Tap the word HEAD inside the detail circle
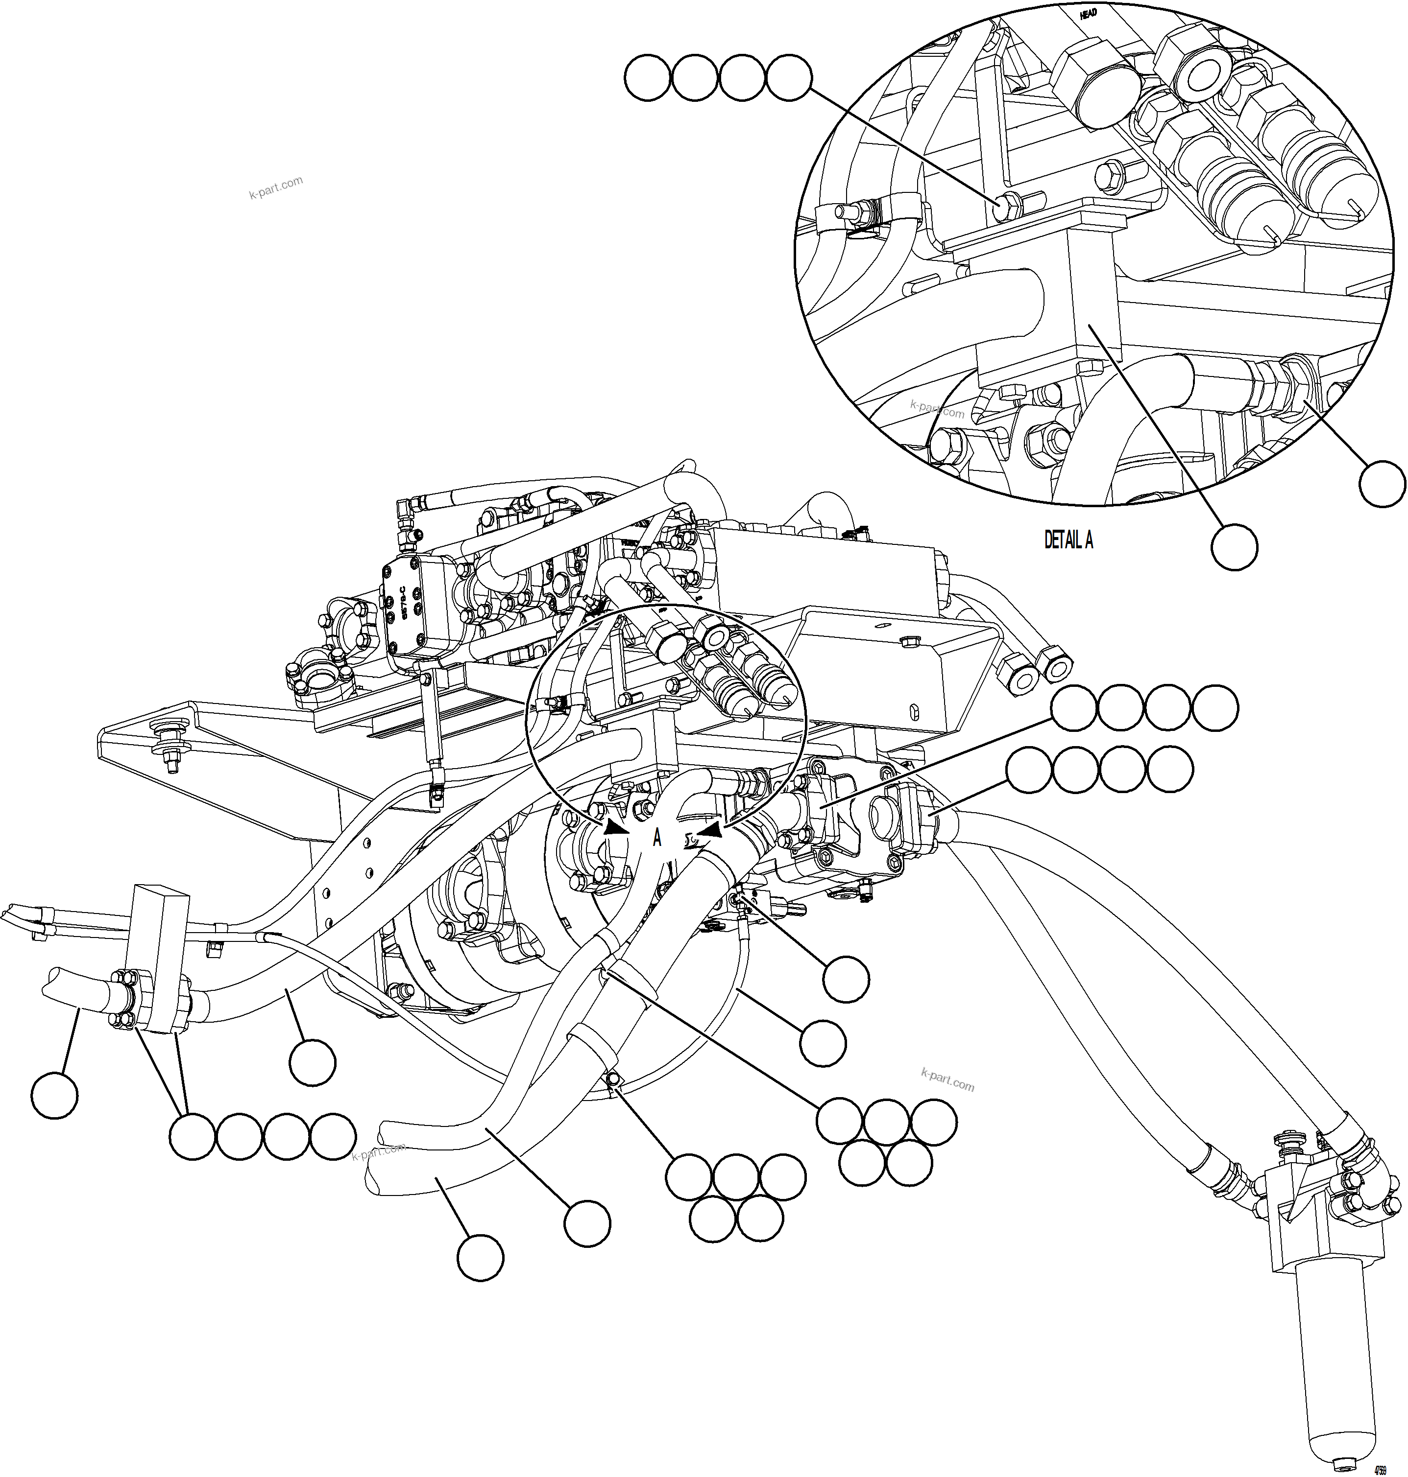point(1088,14)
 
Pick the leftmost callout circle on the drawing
point(55,1095)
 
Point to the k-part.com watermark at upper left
point(275,188)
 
